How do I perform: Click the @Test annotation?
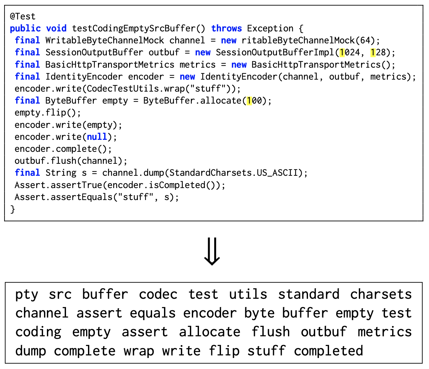pyautogui.click(x=23, y=16)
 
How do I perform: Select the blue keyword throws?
pyautogui.click(x=226, y=28)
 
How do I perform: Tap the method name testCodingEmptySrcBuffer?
pyautogui.click(x=134, y=28)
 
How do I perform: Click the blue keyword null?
pyautogui.click(x=97, y=137)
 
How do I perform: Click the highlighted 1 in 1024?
pyautogui.click(x=342, y=52)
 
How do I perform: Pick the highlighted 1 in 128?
pyautogui.click(x=373, y=52)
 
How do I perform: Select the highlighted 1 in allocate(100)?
pyautogui.click(x=249, y=101)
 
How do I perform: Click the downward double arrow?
pyautogui.click(x=212, y=252)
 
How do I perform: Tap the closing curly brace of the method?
pyautogui.click(x=13, y=209)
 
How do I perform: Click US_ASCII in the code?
pyautogui.click(x=277, y=173)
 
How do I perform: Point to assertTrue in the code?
pyautogui.click(x=76, y=185)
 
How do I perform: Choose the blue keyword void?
pyautogui.click(x=56, y=28)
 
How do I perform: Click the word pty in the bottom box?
pyautogui.click(x=27, y=295)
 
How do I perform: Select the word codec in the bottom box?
pyautogui.click(x=158, y=295)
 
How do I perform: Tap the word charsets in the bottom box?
pyautogui.click(x=381, y=295)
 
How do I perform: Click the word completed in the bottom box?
pyautogui.click(x=328, y=351)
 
